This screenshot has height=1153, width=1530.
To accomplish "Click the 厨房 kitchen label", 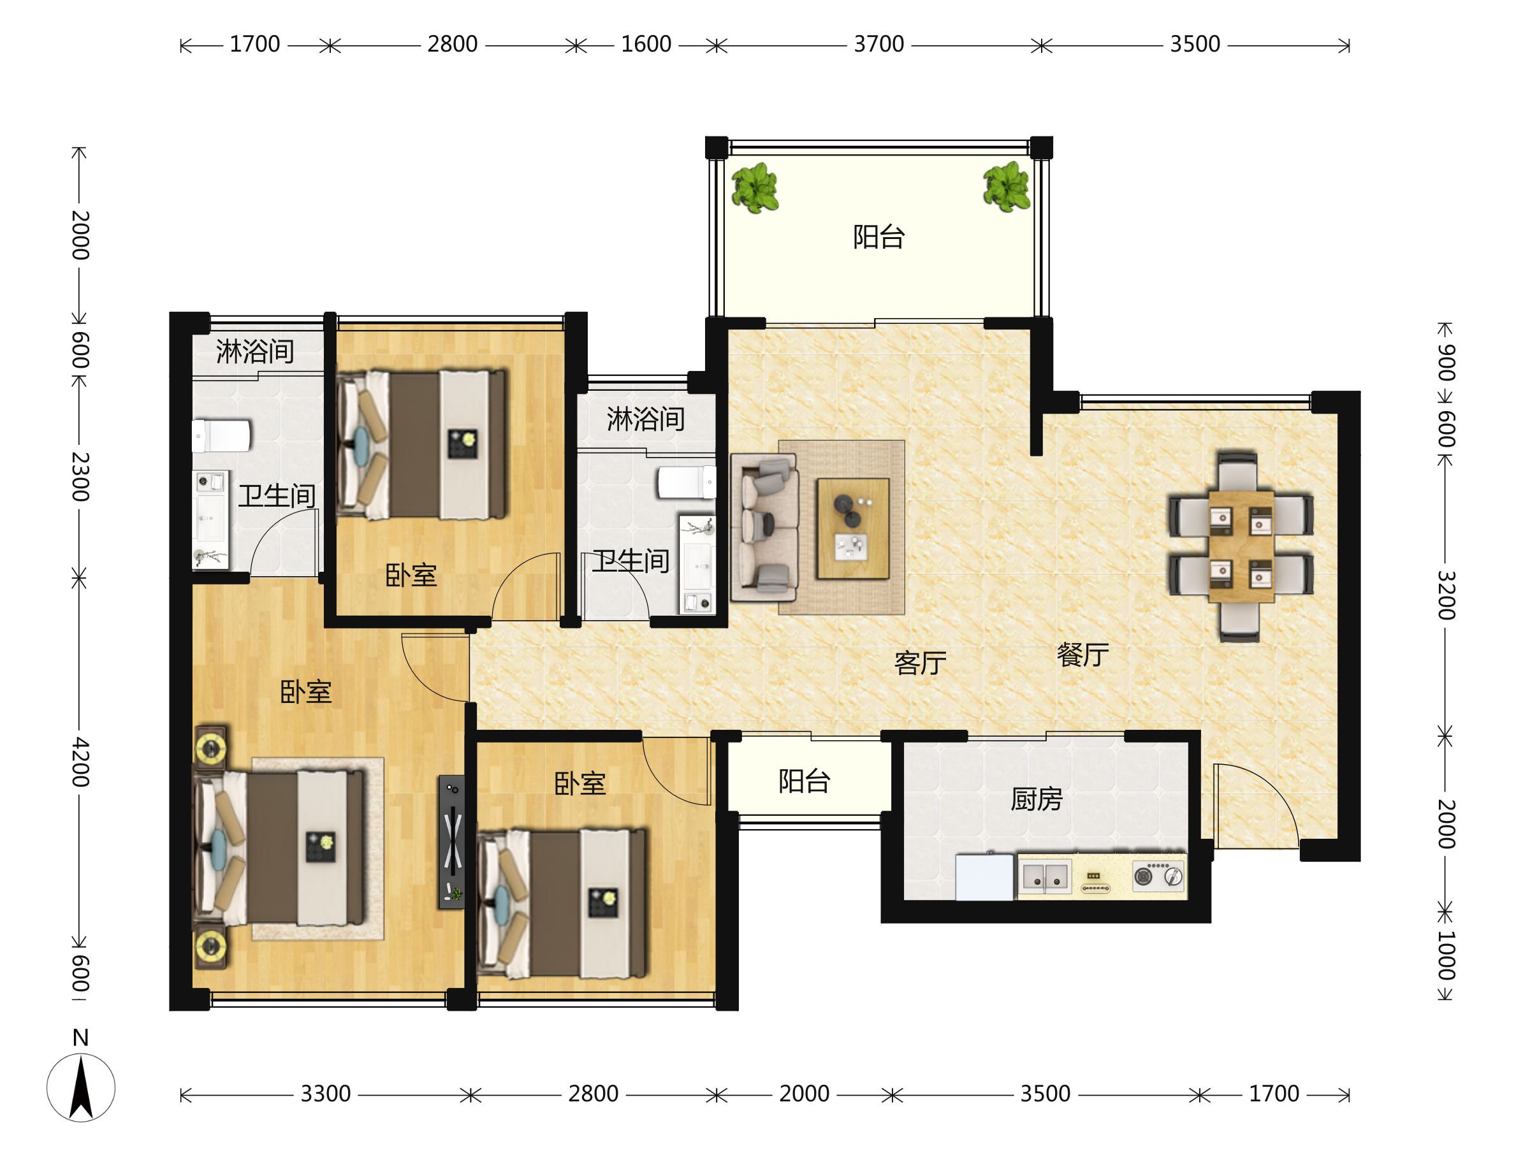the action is [x=1036, y=799].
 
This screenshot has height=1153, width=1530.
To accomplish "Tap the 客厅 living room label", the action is [x=920, y=663].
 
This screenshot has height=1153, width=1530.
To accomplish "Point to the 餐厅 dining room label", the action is [x=1082, y=655].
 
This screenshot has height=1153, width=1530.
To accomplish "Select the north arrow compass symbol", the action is [x=81, y=1087].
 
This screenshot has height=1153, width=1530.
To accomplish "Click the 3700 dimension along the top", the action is [x=878, y=44].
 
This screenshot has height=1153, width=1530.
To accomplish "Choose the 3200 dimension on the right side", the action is [x=1446, y=595].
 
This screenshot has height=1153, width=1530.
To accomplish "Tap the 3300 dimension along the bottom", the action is [x=326, y=1094].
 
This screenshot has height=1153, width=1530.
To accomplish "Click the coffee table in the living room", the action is [x=853, y=528].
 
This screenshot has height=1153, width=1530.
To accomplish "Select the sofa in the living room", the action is [x=764, y=527].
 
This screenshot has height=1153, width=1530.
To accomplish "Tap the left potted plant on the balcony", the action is [x=755, y=187].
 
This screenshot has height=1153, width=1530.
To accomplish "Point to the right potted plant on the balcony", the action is [x=1007, y=186].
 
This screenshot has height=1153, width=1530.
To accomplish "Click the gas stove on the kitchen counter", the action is [x=1158, y=876].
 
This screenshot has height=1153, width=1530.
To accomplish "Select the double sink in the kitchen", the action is [x=1045, y=876].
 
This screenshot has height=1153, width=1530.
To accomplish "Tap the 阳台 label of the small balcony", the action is [x=804, y=781].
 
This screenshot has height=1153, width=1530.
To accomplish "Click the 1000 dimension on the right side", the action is [x=1446, y=955].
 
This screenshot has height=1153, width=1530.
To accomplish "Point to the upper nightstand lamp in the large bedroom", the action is [x=210, y=747].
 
